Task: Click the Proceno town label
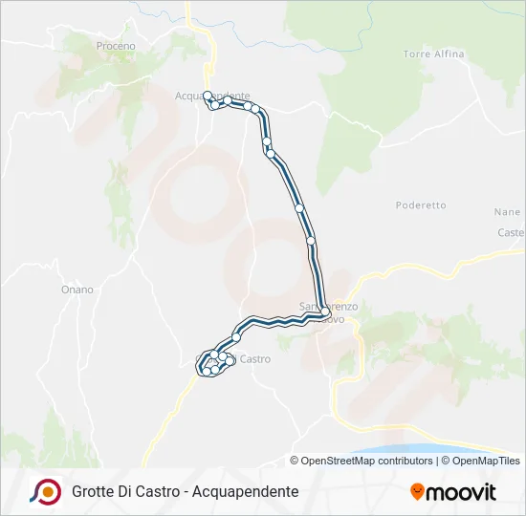[116, 46]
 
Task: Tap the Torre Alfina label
[433, 54]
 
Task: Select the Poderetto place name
[421, 205]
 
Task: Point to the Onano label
[77, 290]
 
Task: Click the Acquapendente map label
[212, 96]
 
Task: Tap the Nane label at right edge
[507, 212]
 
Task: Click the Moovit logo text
[462, 492]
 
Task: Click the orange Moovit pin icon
[418, 492]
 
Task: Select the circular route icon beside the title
[45, 491]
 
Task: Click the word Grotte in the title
[93, 491]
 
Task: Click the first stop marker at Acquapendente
[208, 96]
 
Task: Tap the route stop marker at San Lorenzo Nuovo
[326, 312]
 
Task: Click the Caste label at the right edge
[512, 233]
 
